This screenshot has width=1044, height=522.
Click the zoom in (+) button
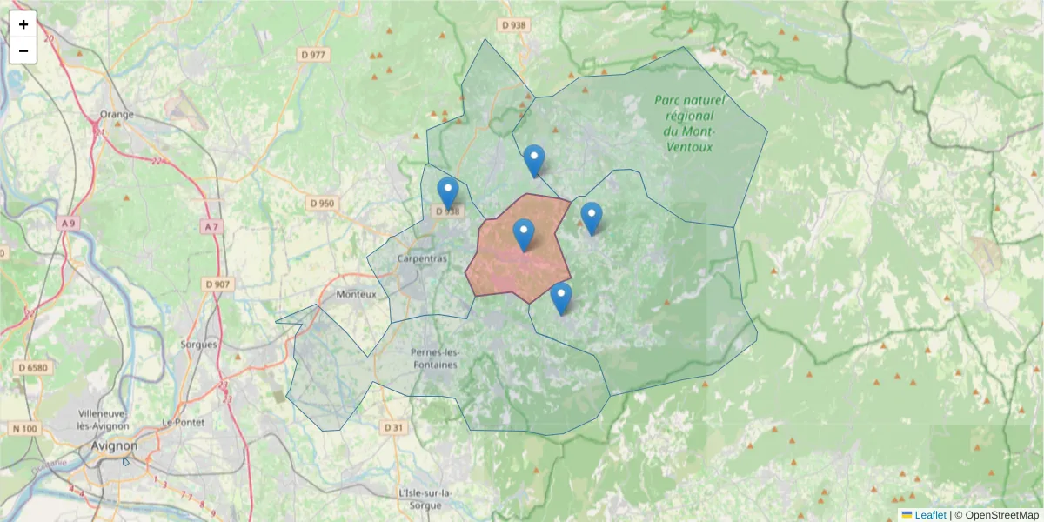[x=23, y=24]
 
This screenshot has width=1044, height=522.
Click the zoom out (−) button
[x=23, y=50]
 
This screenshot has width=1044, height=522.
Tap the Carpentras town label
[x=422, y=259]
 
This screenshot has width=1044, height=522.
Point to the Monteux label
[x=356, y=294]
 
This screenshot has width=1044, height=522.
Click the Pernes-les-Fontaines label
[x=433, y=358]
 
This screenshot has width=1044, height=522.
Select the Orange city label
[x=117, y=114]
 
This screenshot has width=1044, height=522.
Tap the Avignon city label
[x=114, y=446]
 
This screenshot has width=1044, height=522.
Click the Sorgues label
[x=198, y=345]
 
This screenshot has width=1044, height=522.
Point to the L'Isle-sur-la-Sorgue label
[x=425, y=499]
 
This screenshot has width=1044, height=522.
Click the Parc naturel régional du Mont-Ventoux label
[x=686, y=124]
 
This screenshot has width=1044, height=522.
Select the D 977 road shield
[x=312, y=55]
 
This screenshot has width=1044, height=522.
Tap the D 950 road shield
[x=321, y=204]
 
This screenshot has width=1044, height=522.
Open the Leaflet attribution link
[x=930, y=515]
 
